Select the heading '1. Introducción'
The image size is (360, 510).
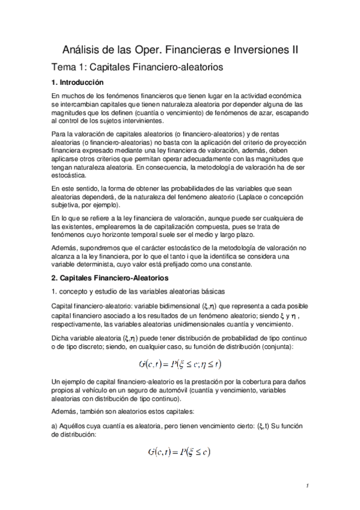click(x=78, y=82)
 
